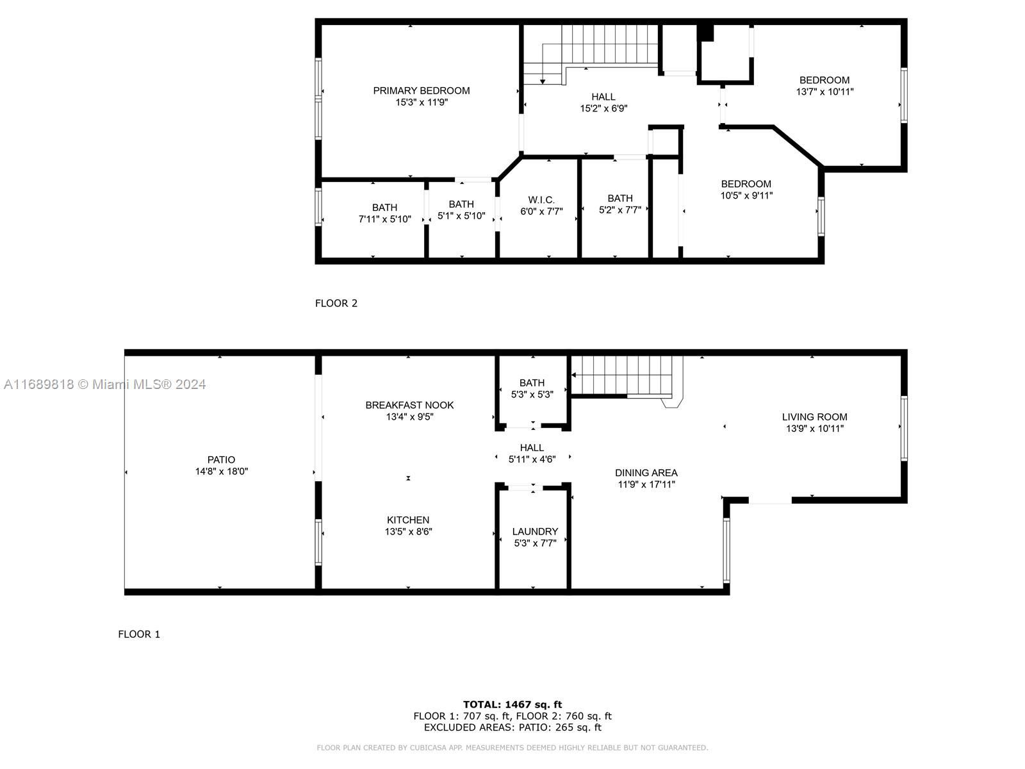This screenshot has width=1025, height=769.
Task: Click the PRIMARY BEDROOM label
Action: tap(421, 90)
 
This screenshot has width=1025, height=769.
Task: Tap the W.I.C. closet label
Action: tap(541, 200)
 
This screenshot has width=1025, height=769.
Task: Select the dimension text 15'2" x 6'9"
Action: tap(603, 108)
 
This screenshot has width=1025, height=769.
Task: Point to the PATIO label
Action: tap(222, 459)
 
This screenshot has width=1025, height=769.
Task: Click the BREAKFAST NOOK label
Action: tap(409, 405)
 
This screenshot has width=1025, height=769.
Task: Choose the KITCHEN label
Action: tap(407, 520)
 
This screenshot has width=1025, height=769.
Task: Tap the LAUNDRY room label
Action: tap(535, 531)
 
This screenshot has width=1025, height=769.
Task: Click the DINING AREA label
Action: tap(646, 472)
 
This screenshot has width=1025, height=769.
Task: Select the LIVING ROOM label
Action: tap(814, 417)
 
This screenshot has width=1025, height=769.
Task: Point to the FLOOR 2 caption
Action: tap(336, 303)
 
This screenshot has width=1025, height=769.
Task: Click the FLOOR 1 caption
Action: tap(138, 634)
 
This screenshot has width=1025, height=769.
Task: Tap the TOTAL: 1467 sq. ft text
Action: tap(512, 704)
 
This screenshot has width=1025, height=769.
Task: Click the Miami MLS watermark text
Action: tap(104, 384)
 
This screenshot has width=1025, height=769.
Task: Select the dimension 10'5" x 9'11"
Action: tap(746, 195)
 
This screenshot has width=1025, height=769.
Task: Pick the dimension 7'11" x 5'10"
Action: tap(384, 219)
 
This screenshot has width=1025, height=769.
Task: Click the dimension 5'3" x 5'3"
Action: tap(532, 394)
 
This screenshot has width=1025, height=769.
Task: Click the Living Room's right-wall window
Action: tap(904, 428)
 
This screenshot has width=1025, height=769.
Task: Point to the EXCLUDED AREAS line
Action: tap(512, 727)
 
